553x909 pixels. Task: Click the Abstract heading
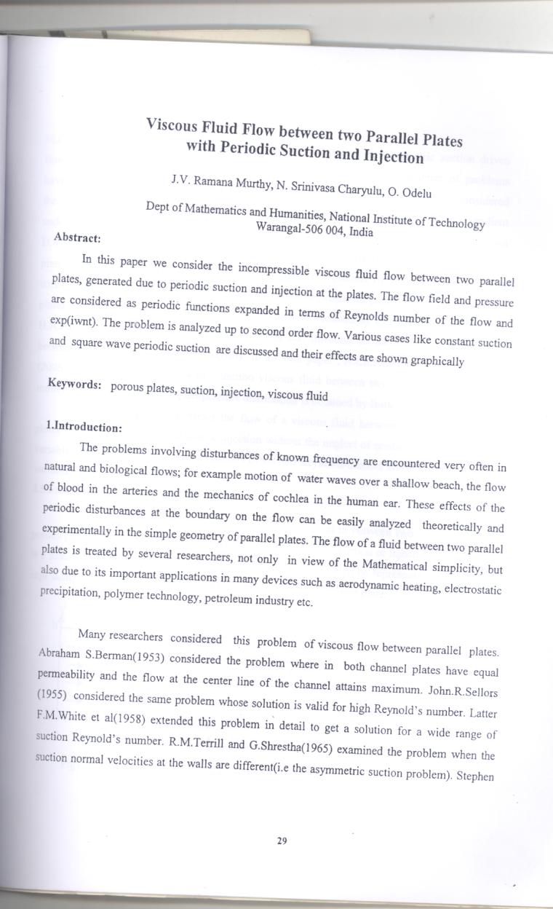[x=77, y=237]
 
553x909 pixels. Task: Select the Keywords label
[x=74, y=384]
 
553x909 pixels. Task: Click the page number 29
[x=282, y=841]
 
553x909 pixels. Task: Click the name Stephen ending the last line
[x=475, y=776]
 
